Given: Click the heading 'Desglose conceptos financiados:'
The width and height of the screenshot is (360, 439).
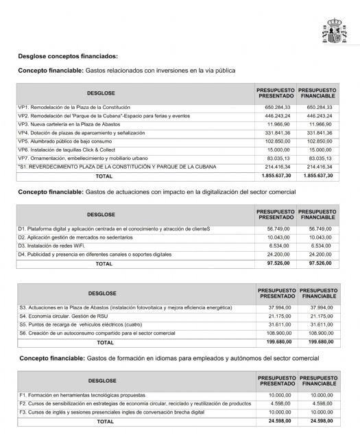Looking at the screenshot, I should (68, 56).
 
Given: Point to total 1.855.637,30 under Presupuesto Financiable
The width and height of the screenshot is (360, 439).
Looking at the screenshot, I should (317, 176).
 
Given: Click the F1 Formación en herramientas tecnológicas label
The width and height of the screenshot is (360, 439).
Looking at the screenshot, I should (83, 395).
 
